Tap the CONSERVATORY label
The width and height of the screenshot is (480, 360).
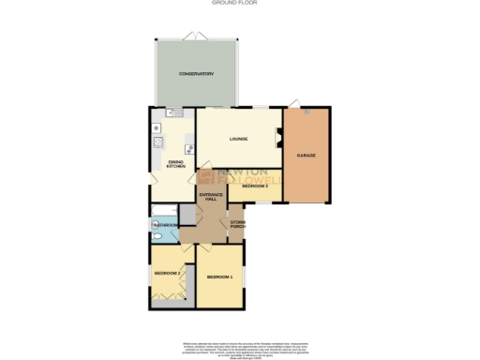pos(197,74)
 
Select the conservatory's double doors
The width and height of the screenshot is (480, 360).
pos(196,36)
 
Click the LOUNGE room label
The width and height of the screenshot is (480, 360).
pos(238,140)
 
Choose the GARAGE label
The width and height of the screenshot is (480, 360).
pos(307,155)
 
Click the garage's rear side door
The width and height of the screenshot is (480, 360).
pos(294,103)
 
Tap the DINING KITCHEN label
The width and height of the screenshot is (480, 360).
pos(175,164)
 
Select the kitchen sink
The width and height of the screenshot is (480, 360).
pos(171,112)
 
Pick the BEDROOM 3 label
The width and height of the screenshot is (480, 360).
pos(255,186)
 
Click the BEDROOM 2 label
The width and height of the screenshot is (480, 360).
pos(166,272)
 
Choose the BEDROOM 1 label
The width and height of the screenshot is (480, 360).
pos(219,277)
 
